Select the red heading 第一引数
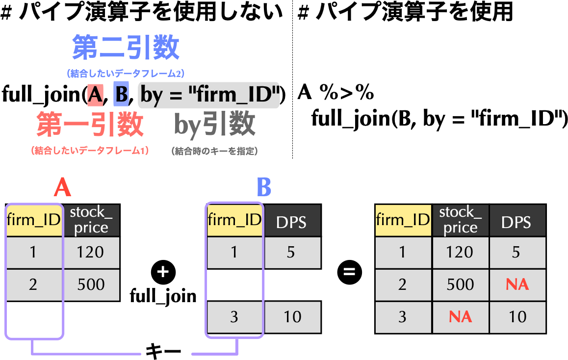(90, 125)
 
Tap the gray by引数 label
(215, 125)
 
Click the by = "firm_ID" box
(209, 95)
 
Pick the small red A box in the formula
(95, 95)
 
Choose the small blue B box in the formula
(121, 95)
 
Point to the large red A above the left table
(62, 187)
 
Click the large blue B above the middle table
(264, 187)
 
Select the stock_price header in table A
(91, 220)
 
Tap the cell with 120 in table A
(91, 252)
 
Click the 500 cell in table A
(91, 284)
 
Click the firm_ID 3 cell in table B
(234, 317)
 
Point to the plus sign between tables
(163, 271)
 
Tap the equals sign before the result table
(349, 271)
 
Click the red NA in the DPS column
(517, 284)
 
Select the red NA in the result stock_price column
(460, 317)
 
